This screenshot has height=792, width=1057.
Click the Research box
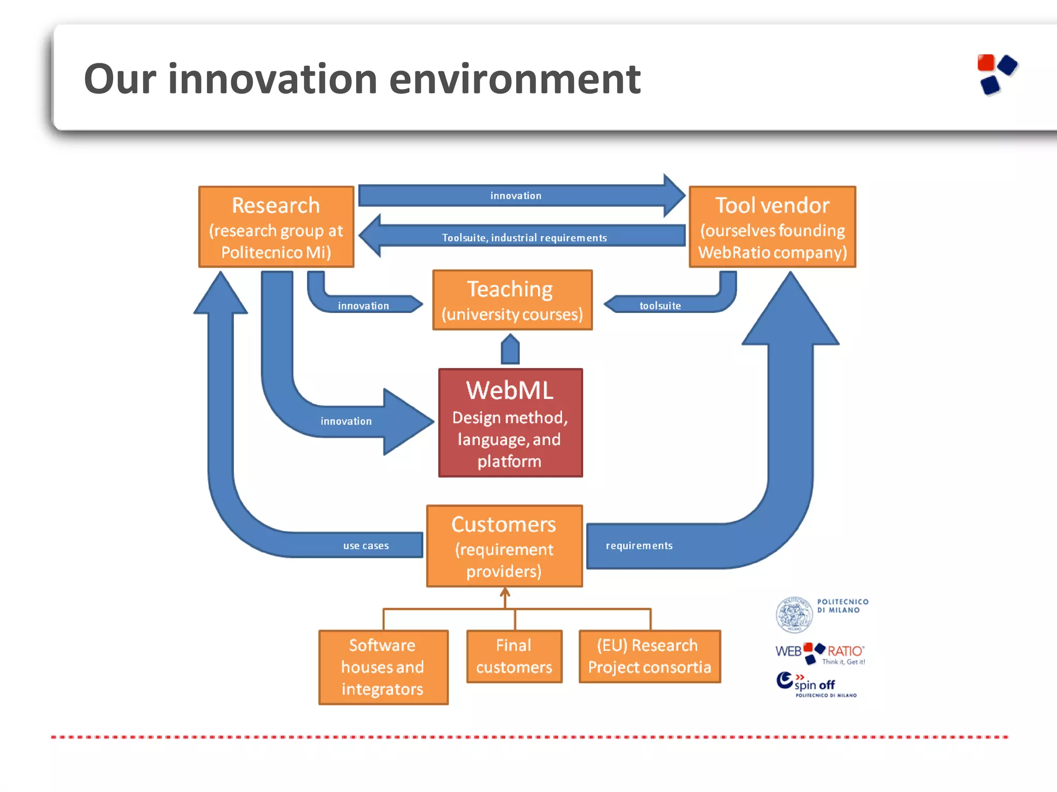pos(276,227)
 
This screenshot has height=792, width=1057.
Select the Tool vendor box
pos(772,227)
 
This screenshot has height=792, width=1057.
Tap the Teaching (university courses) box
pos(512,300)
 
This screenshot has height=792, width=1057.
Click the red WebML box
pos(510,423)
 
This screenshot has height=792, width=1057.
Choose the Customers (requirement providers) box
pos(504,546)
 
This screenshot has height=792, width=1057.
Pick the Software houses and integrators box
pos(383,667)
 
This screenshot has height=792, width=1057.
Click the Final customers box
pos(514,656)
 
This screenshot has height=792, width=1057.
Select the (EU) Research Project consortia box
pos(649,656)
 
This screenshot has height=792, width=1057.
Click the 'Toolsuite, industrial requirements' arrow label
pos(524,238)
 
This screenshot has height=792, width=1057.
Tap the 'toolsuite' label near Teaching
pos(660,306)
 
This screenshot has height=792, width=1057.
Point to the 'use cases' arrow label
pos(366,546)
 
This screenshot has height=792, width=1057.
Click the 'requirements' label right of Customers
pos(639,546)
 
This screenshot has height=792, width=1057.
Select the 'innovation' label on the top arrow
pos(516,196)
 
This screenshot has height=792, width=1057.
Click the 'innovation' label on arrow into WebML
pos(346,421)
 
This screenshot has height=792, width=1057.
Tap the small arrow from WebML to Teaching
pos(510,350)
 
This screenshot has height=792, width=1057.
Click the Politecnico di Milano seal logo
pos(794,615)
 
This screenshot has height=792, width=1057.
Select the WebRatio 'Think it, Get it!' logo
pos(820,653)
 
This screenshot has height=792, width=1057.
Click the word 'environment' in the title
pos(515,79)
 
